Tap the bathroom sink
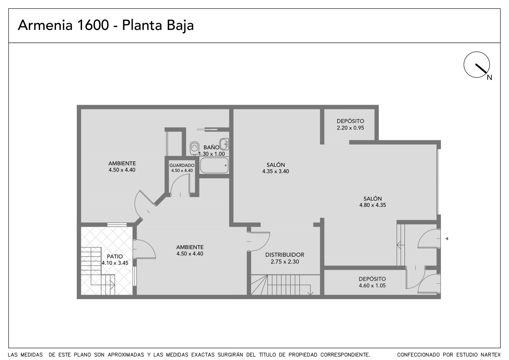click(224, 144)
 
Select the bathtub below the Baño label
click(214, 165)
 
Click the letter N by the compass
click(490, 78)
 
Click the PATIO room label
click(115, 256)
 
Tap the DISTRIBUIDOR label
click(285, 255)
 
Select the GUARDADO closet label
click(182, 165)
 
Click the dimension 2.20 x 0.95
click(350, 128)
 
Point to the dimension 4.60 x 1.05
click(372, 286)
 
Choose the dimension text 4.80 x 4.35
click(373, 205)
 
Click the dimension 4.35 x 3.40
click(275, 171)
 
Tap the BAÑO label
click(211, 147)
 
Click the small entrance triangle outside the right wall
click(447, 238)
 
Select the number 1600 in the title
click(93, 25)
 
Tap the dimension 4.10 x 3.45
click(115, 263)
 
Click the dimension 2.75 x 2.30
click(285, 262)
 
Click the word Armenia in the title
click(45, 25)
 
